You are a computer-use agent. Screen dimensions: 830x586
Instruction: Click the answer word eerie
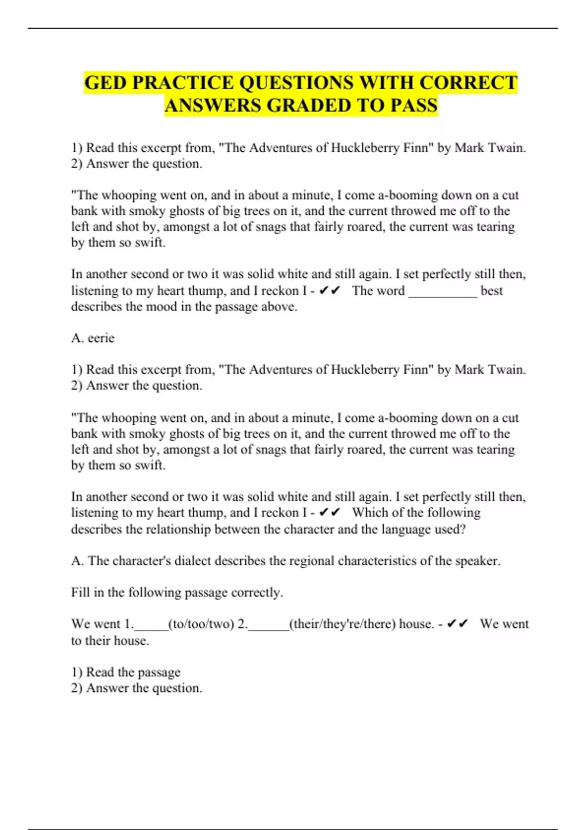coord(101,338)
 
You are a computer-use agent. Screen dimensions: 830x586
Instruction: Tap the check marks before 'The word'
coord(329,291)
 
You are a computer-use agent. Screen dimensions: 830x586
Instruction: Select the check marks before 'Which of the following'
coord(329,513)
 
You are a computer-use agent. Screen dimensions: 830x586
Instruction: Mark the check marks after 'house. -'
coord(458,624)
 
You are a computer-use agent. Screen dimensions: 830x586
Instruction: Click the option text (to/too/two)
coord(201,624)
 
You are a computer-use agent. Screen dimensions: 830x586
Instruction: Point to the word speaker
coord(477,560)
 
